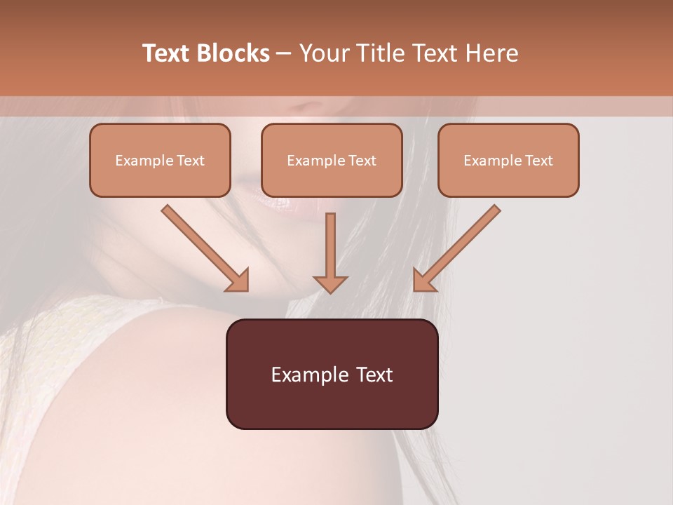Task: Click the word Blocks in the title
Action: pos(233,53)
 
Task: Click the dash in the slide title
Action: pos(284,53)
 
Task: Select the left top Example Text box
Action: pos(160,160)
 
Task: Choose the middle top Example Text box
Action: pos(332,160)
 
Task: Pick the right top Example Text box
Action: pos(508,160)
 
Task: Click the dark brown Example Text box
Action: pos(332,374)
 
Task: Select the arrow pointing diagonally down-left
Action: pos(458,246)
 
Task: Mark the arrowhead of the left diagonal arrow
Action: pos(238,281)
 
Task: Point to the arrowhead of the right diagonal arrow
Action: pos(423,281)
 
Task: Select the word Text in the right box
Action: pos(539,161)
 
